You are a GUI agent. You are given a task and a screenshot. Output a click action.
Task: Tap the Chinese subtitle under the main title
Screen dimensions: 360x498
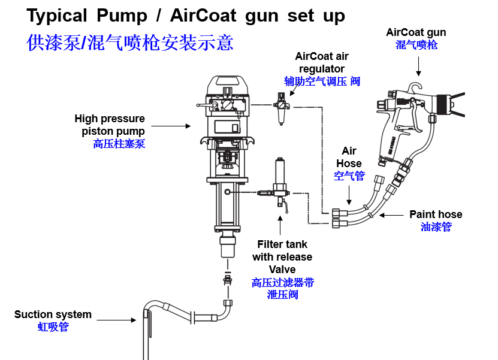pyautogui.click(x=130, y=43)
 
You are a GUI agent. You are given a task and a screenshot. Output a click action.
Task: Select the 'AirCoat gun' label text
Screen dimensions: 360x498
pyautogui.click(x=416, y=32)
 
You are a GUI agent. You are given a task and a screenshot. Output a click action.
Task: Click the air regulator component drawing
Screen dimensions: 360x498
pyautogui.click(x=280, y=107)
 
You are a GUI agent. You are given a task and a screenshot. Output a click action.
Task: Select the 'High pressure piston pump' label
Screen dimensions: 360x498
pyautogui.click(x=110, y=125)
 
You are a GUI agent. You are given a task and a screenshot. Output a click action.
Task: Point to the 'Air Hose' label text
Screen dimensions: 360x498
pyautogui.click(x=349, y=157)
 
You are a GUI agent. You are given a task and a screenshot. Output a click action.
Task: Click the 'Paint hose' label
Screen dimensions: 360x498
pyautogui.click(x=436, y=214)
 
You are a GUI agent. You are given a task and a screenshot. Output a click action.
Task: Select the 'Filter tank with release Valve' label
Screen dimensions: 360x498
pyautogui.click(x=282, y=256)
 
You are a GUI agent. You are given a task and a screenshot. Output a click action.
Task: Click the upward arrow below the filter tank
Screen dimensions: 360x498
pyautogui.click(x=280, y=225)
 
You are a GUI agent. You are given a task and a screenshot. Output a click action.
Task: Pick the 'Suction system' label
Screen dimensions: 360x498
pyautogui.click(x=53, y=314)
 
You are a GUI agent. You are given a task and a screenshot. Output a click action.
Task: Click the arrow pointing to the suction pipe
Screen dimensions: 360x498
pyautogui.click(x=117, y=320)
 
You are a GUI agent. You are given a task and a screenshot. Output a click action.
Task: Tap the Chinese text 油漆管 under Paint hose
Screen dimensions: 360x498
pyautogui.click(x=436, y=226)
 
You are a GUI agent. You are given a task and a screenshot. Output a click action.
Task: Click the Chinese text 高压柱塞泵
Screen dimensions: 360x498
pyautogui.click(x=119, y=144)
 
